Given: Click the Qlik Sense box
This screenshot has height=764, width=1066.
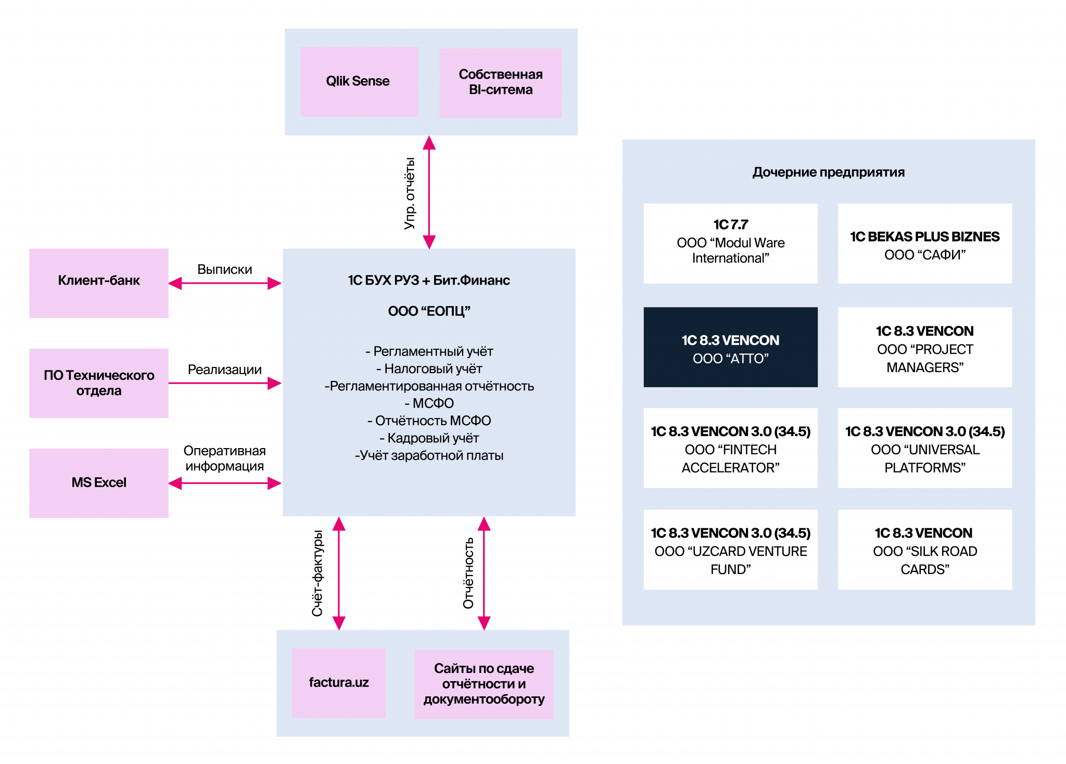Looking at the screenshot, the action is tap(359, 82).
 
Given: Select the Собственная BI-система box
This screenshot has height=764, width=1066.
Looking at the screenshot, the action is tap(501, 83).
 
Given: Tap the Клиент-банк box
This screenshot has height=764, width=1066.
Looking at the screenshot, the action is tap(99, 283).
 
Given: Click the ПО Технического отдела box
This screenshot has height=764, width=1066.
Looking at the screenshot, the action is tap(99, 383).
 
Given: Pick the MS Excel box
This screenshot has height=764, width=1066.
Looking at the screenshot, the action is tap(99, 483).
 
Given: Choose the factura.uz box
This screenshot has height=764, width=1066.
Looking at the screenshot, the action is tap(339, 683).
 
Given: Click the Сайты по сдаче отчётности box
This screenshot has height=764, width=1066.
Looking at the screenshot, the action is tap(484, 684).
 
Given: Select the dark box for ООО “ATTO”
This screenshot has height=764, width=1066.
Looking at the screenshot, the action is tap(730, 347).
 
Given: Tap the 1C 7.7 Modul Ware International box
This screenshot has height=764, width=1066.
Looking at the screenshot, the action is tap(730, 243).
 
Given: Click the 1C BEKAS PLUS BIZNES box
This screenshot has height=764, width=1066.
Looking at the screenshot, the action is tap(925, 243).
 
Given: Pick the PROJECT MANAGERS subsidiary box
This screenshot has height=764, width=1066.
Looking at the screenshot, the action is tap(925, 347).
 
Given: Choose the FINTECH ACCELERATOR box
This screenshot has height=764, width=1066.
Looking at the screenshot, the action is tap(730, 448).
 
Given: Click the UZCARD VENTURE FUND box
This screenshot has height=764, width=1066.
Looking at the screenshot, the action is tap(730, 550).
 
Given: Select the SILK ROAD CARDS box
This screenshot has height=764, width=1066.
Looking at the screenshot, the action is tap(925, 550).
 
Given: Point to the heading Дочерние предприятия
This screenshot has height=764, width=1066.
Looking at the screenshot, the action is tap(829, 172).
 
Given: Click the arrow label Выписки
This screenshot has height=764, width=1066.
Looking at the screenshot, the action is tap(225, 270).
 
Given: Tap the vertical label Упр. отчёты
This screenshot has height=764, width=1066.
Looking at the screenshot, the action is tap(410, 193).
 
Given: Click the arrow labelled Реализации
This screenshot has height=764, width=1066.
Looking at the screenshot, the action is tap(225, 383).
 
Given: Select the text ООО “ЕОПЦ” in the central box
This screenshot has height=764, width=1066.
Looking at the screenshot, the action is tap(429, 311).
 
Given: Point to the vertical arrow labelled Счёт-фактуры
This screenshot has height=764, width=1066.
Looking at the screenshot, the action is tap(339, 573).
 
